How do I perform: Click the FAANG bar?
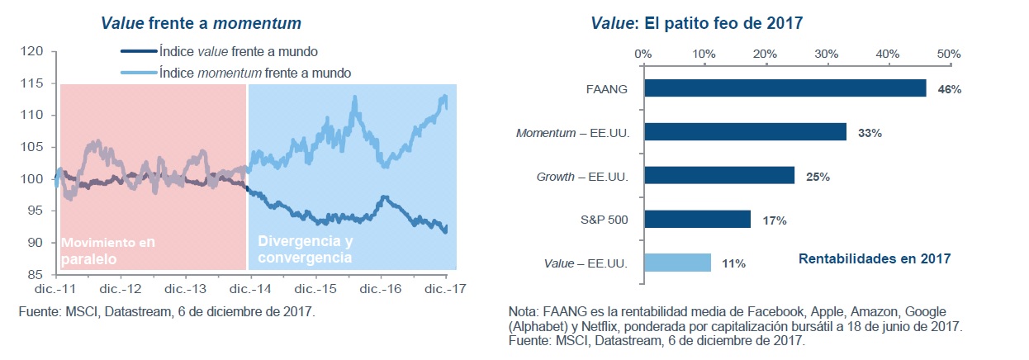(785, 88)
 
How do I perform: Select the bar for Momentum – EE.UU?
(745, 132)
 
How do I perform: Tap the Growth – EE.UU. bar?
(719, 176)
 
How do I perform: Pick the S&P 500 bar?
(697, 220)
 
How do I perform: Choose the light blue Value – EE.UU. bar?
(677, 263)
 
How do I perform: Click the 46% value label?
(949, 89)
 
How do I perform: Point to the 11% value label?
(733, 263)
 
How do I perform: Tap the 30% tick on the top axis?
(827, 54)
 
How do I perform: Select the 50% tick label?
(949, 54)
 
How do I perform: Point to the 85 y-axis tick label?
(33, 274)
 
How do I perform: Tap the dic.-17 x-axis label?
(446, 290)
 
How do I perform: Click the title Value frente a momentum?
(201, 22)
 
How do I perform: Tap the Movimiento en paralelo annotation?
(107, 250)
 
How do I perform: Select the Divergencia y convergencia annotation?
(305, 249)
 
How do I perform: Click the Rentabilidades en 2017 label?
(875, 259)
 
